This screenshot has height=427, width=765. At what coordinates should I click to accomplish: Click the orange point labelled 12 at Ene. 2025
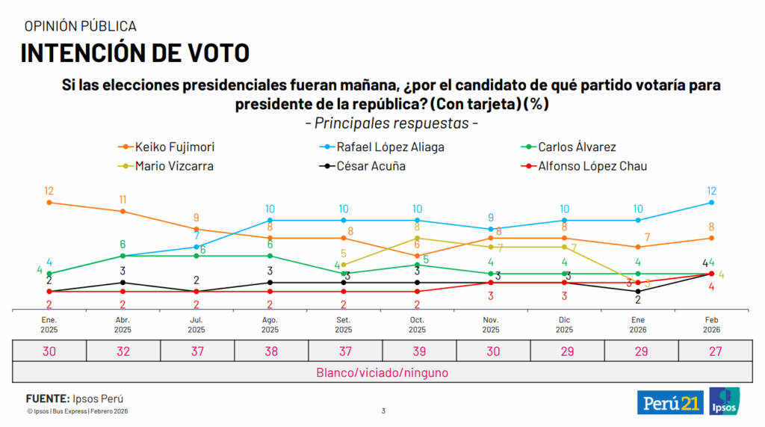coord(49,202)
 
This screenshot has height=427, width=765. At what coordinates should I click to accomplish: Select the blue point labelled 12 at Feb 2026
coord(711,202)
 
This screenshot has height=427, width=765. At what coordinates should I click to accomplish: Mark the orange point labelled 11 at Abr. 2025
coord(123,211)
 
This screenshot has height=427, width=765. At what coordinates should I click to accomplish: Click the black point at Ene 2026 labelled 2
coord(638,292)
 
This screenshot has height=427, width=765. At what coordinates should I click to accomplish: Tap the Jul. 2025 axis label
coord(196,325)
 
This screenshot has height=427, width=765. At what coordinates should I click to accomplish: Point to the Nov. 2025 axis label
coord(491,325)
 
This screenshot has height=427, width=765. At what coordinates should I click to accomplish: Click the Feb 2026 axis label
coord(711,325)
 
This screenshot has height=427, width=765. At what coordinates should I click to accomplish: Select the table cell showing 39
coord(417,351)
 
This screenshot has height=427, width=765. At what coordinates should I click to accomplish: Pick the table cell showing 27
coord(711,351)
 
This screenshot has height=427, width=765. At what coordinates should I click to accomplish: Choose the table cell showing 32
coord(123,351)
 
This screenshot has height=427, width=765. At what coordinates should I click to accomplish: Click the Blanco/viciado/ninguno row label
coord(381,372)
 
